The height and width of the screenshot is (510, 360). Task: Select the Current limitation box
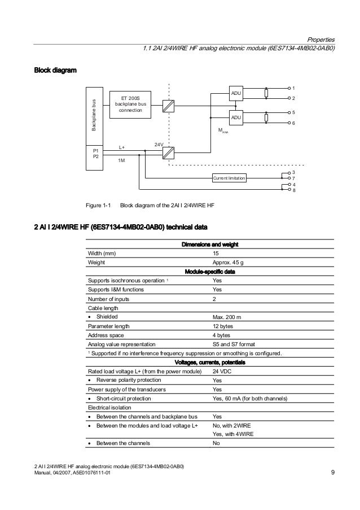point(229,178)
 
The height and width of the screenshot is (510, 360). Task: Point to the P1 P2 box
point(96,154)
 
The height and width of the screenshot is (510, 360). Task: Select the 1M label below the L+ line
point(121,161)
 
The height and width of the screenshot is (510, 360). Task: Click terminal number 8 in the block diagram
point(294,190)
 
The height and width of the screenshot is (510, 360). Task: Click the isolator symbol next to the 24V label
point(168,152)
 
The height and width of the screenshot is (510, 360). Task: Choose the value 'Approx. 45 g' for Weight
point(229,263)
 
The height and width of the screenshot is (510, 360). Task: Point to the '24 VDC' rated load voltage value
point(223,372)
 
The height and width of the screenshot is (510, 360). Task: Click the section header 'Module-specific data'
point(211,272)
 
